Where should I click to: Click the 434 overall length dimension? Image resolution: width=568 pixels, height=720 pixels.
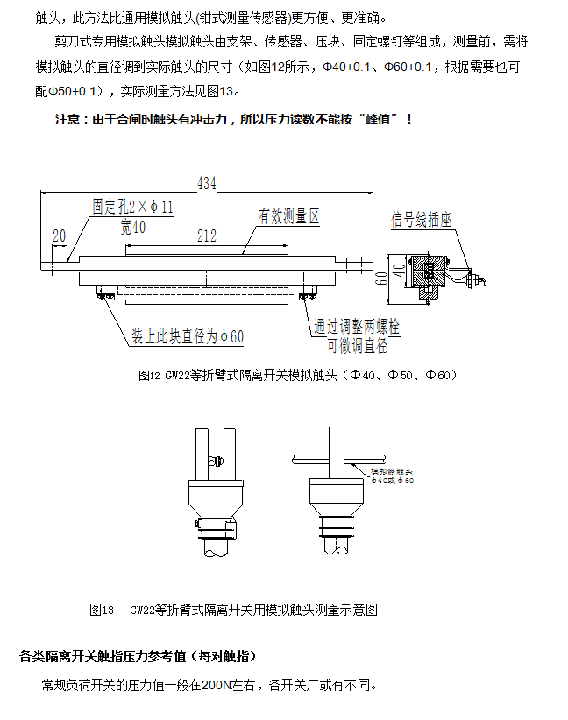207,183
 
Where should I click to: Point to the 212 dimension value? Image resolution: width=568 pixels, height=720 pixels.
207,236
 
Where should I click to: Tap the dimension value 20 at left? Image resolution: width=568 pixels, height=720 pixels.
60,236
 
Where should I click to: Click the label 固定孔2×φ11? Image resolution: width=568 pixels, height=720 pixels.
133,208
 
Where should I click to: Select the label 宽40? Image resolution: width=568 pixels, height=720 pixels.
133,227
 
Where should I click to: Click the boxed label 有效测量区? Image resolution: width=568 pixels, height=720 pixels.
288,216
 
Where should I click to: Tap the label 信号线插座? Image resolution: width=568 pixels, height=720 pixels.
421,221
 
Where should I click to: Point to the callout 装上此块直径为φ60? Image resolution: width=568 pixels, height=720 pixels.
188,336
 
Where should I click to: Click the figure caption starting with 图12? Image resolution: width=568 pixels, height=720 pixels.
298,375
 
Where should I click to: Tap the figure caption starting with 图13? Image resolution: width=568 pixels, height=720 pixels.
233,610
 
